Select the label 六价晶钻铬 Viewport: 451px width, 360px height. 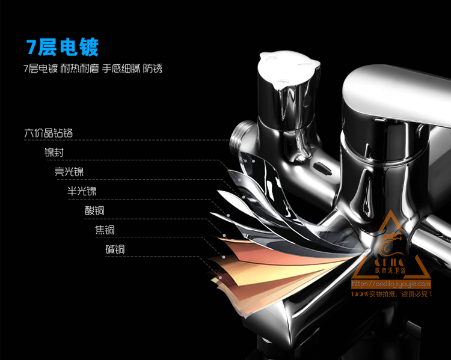click(x=49, y=133)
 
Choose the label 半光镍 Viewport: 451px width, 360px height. click(x=82, y=191)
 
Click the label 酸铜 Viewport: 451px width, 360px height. click(x=94, y=210)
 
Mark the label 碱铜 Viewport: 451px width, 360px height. click(x=115, y=249)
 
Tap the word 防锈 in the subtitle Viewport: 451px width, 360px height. click(x=153, y=69)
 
